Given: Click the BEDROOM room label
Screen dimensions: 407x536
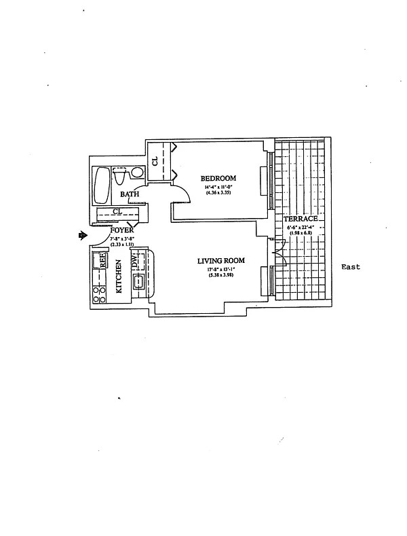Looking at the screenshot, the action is pyautogui.click(x=218, y=179).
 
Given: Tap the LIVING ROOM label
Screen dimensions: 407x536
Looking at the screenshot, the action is pyautogui.click(x=220, y=261).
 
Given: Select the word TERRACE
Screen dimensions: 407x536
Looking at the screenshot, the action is pyautogui.click(x=301, y=219).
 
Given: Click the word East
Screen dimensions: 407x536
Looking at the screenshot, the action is pyautogui.click(x=350, y=267).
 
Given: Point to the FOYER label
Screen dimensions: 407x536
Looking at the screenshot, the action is pyautogui.click(x=122, y=231).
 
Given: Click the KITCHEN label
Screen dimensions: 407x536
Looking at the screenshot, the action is pyautogui.click(x=119, y=277).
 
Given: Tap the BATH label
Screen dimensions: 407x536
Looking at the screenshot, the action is pyautogui.click(x=130, y=194).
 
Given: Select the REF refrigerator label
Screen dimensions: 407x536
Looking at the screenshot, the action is pyautogui.click(x=103, y=260).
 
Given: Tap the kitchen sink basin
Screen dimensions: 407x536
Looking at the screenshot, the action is pyautogui.click(x=138, y=283).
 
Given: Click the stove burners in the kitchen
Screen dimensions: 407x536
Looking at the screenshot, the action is pyautogui.click(x=98, y=293).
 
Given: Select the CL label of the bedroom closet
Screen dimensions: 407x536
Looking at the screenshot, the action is pyautogui.click(x=155, y=161).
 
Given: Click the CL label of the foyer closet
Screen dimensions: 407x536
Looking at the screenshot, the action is pyautogui.click(x=117, y=212).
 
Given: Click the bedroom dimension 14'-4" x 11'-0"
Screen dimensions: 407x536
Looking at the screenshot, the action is pyautogui.click(x=218, y=187).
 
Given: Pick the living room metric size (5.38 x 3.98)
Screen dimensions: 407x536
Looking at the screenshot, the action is pyautogui.click(x=220, y=276).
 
